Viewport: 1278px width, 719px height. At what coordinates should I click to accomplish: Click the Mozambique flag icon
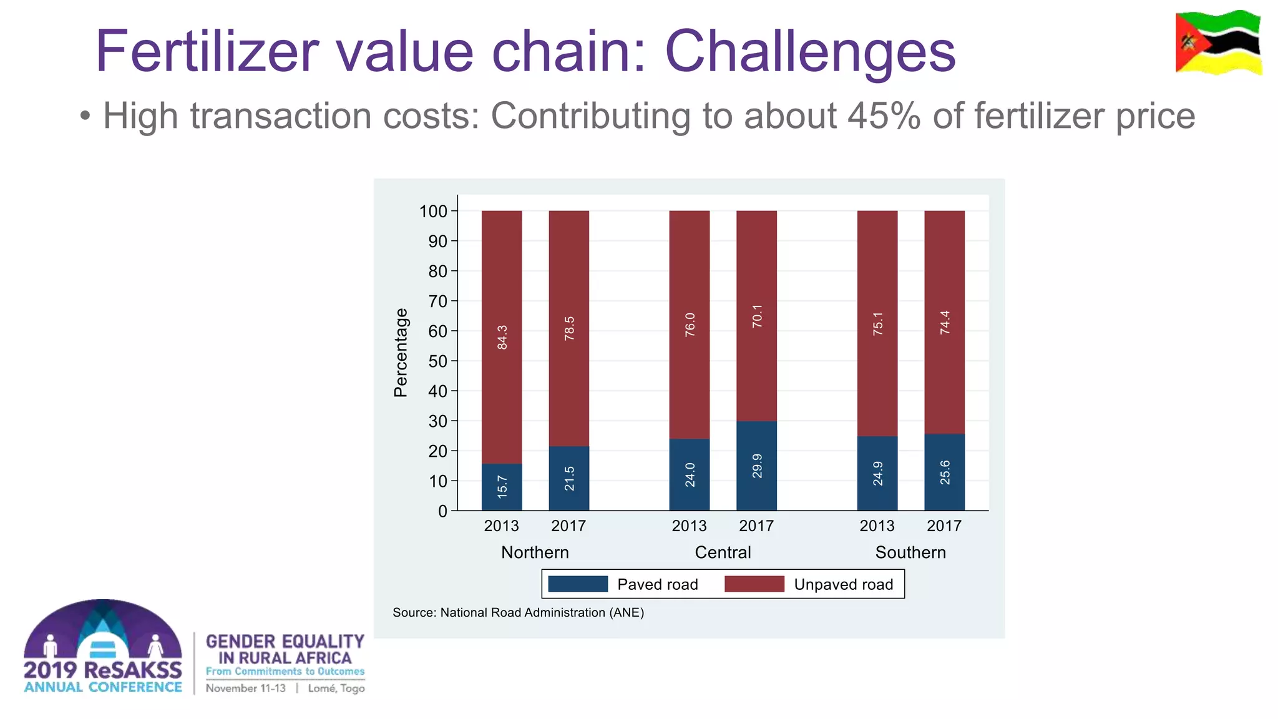[1217, 42]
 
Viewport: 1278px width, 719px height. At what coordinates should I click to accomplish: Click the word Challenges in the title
[809, 51]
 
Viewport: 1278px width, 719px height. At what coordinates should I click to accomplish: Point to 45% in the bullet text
[883, 116]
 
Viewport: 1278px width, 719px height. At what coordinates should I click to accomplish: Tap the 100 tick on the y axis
[434, 212]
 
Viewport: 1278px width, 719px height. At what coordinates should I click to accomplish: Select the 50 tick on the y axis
[438, 361]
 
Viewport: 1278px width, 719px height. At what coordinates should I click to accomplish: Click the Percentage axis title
[401, 353]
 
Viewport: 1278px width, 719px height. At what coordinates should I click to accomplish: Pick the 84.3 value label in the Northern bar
[502, 337]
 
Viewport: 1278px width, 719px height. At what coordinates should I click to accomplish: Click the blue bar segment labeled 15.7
[502, 487]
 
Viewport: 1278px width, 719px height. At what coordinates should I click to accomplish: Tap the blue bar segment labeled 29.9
[756, 466]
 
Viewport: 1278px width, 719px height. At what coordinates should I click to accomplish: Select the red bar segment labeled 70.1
[756, 316]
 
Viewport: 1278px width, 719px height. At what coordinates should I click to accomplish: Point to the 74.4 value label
[945, 322]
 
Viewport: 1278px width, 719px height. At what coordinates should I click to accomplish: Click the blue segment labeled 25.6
[944, 472]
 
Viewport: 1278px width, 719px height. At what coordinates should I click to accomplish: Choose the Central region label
[723, 552]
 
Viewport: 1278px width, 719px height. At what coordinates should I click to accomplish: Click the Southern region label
[910, 552]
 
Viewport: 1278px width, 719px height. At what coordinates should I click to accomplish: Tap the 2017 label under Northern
[568, 526]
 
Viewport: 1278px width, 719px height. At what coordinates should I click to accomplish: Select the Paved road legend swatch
[578, 584]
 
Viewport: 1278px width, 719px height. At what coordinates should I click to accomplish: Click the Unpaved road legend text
[843, 585]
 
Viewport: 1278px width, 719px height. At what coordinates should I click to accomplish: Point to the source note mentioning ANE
[518, 612]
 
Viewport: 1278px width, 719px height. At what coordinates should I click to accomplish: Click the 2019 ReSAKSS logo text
[103, 670]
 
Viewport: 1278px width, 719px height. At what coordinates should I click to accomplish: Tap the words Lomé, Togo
[336, 688]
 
